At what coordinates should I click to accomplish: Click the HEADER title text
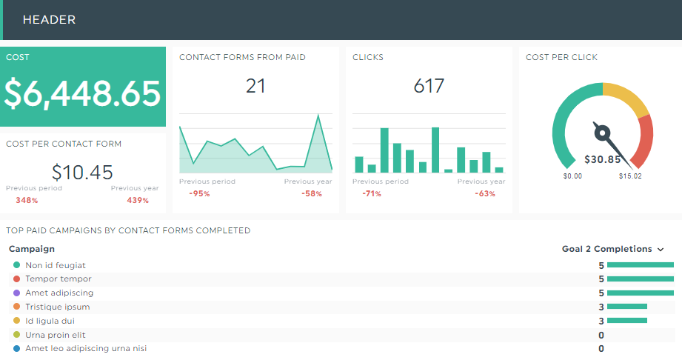point(49,20)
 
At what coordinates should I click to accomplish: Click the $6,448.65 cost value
point(82,93)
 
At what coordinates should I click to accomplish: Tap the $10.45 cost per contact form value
point(82,173)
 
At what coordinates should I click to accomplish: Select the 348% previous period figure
point(27,201)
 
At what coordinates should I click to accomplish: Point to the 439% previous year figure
point(138,201)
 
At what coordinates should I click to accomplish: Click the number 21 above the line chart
point(255,86)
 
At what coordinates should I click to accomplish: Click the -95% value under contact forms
point(199,194)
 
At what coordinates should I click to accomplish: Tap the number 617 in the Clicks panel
point(429,86)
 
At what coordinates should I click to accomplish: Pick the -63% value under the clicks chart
point(485,194)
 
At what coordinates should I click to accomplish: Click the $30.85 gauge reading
point(603,159)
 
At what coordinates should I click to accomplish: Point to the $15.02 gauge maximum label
point(630,176)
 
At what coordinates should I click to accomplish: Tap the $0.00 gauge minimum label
point(572,176)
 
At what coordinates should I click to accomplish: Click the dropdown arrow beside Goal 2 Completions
point(661,250)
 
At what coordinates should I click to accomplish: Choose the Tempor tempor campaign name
point(58,279)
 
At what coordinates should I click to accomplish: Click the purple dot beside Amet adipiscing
point(16,293)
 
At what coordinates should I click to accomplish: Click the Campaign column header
point(32,250)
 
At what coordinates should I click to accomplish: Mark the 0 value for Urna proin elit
point(601,335)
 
